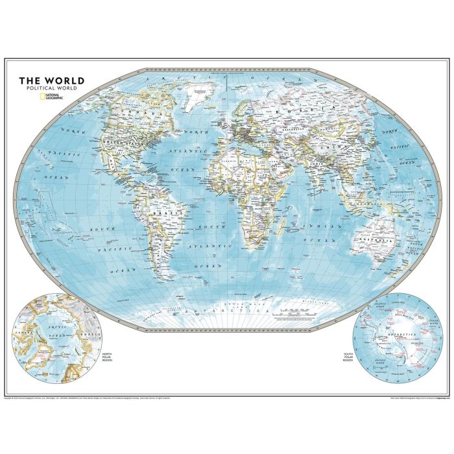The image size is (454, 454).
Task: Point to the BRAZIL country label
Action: (x=160, y=210)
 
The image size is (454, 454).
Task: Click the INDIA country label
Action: (x=317, y=171)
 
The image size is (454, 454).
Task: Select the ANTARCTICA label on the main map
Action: (x=226, y=313)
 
